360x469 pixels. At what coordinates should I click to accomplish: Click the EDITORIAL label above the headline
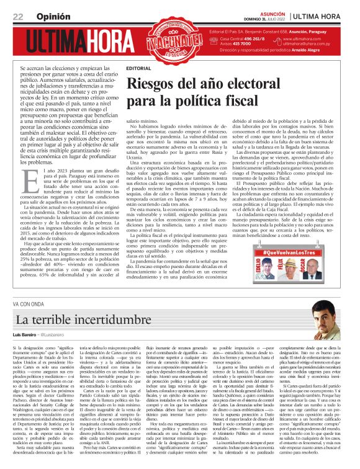point(138,68)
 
